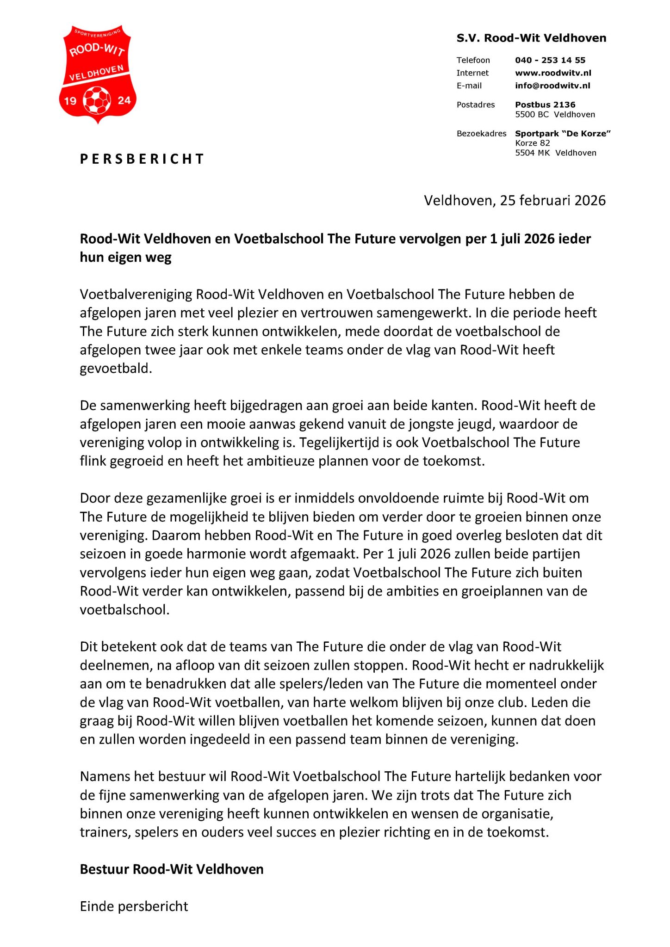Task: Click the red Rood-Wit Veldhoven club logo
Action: (98, 74)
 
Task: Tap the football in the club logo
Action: (97, 100)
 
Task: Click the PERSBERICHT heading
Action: (142, 159)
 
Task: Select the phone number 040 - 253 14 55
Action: (550, 60)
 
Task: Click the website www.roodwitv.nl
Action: (553, 73)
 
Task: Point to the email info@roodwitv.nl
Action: (552, 86)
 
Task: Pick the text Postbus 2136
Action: (545, 105)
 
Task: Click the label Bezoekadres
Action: (481, 134)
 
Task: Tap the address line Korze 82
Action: (533, 143)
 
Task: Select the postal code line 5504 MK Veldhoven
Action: (556, 153)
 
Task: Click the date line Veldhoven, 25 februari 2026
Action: (515, 201)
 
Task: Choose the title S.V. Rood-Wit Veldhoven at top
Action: (531, 38)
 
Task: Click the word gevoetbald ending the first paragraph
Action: (116, 369)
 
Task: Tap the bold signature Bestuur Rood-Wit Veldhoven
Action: (172, 869)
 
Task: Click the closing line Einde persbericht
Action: (134, 906)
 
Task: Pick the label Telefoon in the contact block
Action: (473, 61)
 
